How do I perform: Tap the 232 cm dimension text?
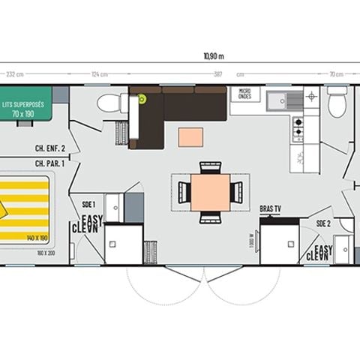(13, 74)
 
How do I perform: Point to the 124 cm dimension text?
(98, 74)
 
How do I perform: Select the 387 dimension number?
(217, 74)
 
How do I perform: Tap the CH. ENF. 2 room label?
(49, 148)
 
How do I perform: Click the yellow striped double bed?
(26, 205)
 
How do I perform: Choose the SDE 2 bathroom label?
(323, 223)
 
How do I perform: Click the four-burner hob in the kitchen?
(298, 129)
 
